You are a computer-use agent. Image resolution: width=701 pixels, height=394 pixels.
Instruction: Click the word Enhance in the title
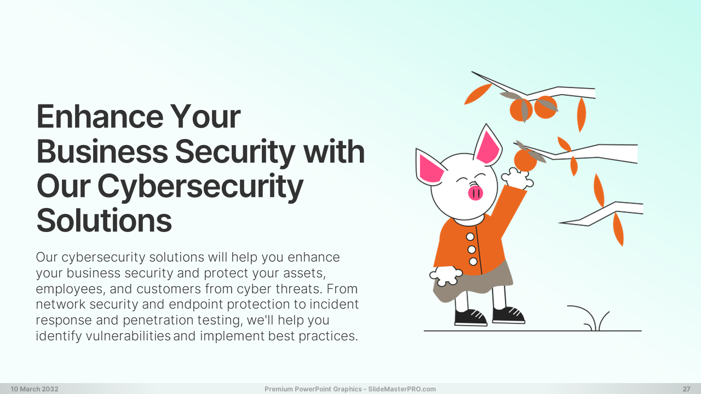(x=100, y=117)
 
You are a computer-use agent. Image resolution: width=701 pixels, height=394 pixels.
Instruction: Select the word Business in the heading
(x=102, y=152)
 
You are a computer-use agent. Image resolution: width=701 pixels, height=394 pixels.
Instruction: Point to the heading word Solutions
(x=104, y=221)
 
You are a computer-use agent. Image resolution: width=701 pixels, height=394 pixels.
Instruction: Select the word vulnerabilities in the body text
(x=128, y=336)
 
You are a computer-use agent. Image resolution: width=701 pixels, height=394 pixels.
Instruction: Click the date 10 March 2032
(x=35, y=389)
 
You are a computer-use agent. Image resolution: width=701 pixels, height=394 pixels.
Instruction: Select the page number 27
(x=686, y=389)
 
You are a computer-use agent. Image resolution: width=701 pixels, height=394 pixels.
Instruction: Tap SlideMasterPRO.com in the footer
(x=402, y=389)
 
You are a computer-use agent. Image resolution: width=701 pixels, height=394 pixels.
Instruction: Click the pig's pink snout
(x=475, y=193)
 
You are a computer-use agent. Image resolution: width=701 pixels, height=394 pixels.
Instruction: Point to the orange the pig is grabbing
(x=525, y=161)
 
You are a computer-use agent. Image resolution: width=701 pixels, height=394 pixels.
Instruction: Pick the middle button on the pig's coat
(x=472, y=250)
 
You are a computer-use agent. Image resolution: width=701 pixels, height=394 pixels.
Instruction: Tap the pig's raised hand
(x=517, y=179)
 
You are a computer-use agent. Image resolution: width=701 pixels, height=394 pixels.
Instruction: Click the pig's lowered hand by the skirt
(x=445, y=276)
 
